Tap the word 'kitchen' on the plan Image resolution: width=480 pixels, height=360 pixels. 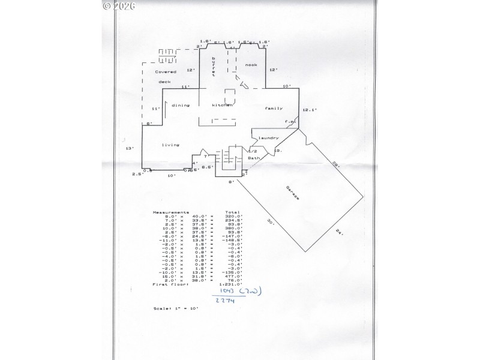[x=221, y=105]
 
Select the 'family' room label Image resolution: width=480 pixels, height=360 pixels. [x=274, y=108]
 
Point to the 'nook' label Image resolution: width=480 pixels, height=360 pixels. [x=251, y=65]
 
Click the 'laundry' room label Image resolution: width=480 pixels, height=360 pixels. [x=269, y=137]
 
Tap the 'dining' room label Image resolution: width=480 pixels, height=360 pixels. [x=181, y=105]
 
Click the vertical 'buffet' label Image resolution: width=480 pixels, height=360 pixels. [x=212, y=68]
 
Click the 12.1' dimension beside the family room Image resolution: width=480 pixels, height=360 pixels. [x=309, y=110]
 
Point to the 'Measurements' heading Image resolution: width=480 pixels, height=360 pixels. [x=171, y=212]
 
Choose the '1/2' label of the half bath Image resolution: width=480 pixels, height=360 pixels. [x=253, y=151]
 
